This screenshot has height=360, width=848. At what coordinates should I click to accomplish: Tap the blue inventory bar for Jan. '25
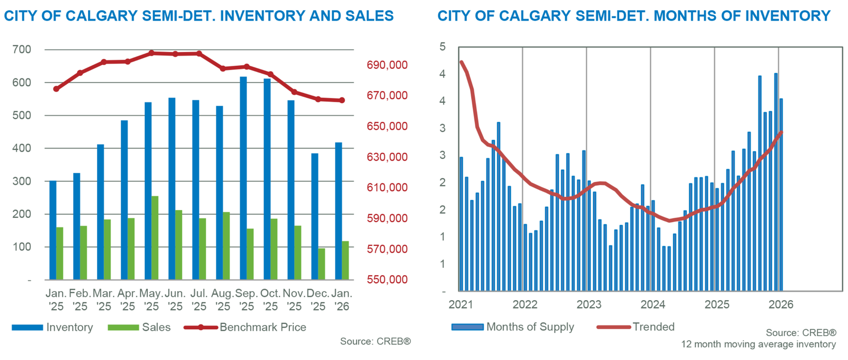(x=52, y=230)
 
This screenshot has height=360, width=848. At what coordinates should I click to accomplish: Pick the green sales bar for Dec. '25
(x=321, y=264)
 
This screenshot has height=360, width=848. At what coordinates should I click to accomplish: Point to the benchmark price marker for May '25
(x=152, y=53)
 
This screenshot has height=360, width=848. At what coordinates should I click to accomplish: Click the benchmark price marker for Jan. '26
(x=342, y=100)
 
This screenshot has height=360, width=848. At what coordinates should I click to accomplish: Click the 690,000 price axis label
(x=387, y=65)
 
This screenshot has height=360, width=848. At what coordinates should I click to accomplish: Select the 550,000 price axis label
(x=387, y=279)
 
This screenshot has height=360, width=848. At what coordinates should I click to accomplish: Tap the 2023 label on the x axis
(x=589, y=304)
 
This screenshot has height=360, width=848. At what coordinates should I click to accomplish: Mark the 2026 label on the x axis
(x=781, y=304)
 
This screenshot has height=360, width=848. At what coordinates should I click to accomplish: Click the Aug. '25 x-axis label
(x=223, y=300)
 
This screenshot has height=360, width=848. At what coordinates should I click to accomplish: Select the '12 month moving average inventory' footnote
(x=758, y=345)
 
